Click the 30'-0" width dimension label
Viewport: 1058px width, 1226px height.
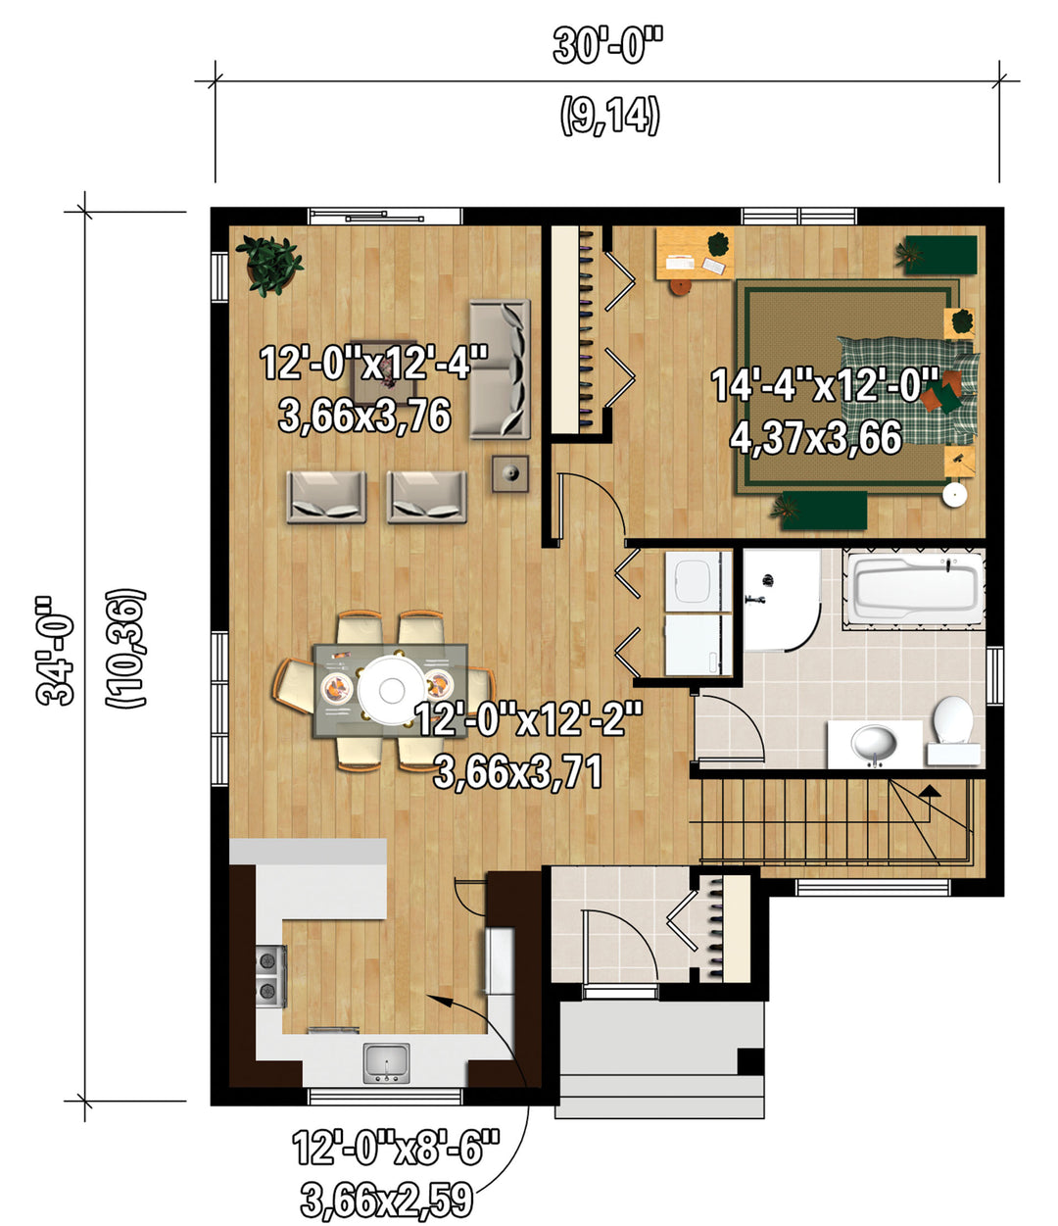click(608, 46)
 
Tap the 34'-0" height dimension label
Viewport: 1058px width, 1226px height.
click(55, 651)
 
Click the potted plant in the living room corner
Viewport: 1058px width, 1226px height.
click(269, 266)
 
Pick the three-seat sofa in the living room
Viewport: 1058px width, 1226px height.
click(500, 368)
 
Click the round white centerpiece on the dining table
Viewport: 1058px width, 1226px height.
click(392, 689)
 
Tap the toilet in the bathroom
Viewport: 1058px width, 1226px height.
click(953, 730)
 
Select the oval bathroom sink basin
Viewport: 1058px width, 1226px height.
click(874, 744)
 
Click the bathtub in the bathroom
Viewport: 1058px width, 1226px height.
click(914, 588)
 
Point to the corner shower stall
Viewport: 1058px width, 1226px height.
click(782, 600)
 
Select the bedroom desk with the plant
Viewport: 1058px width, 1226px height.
click(695, 254)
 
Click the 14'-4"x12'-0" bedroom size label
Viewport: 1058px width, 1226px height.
click(825, 385)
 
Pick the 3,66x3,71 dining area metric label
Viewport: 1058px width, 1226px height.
click(518, 771)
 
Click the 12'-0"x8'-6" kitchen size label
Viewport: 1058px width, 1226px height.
click(396, 1148)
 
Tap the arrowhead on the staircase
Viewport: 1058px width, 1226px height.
click(931, 791)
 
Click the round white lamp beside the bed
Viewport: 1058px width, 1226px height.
click(955, 495)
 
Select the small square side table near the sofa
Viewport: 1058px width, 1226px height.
click(510, 473)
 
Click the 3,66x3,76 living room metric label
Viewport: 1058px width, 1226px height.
click(364, 416)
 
